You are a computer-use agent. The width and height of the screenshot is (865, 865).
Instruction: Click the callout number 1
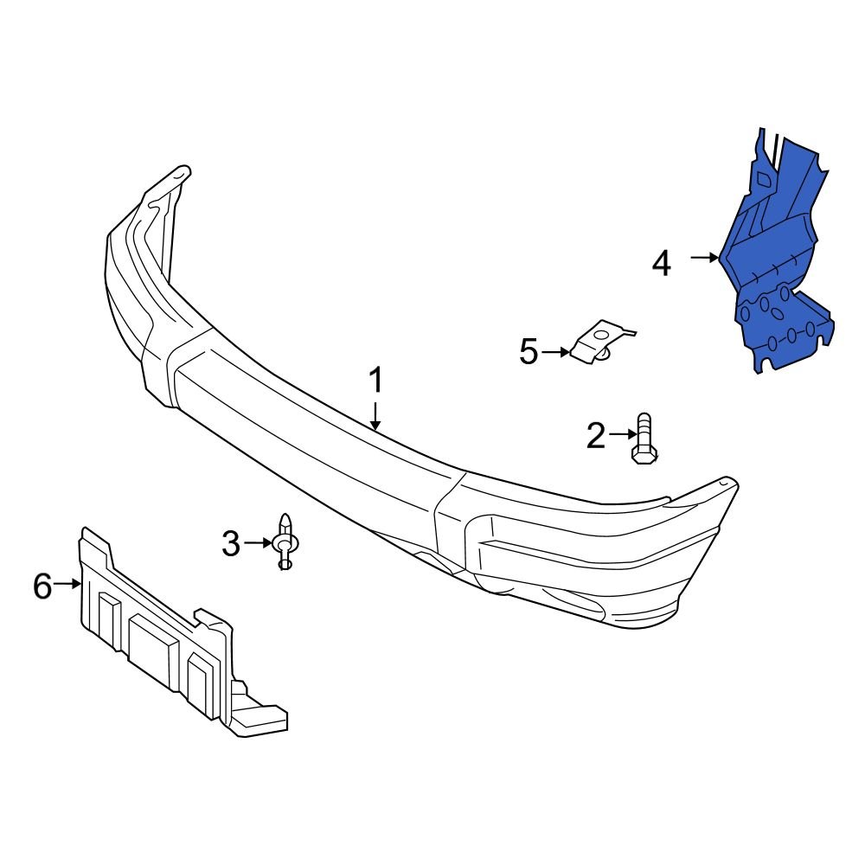click(x=376, y=381)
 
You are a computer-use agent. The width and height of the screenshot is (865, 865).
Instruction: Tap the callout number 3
click(x=230, y=544)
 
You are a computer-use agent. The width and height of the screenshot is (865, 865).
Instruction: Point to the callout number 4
click(x=661, y=263)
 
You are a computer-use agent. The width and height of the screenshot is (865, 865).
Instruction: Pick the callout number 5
click(x=529, y=352)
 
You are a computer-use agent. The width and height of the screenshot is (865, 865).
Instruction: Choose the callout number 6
click(x=42, y=586)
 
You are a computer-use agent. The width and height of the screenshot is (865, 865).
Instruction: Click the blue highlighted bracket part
click(x=774, y=268)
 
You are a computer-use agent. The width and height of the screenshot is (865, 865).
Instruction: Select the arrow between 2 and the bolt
click(x=622, y=435)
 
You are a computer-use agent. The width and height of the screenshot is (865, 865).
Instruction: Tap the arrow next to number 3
click(x=257, y=543)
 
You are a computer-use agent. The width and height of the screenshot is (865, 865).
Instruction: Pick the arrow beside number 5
click(x=555, y=352)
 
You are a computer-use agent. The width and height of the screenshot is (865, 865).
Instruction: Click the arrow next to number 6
click(x=67, y=585)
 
